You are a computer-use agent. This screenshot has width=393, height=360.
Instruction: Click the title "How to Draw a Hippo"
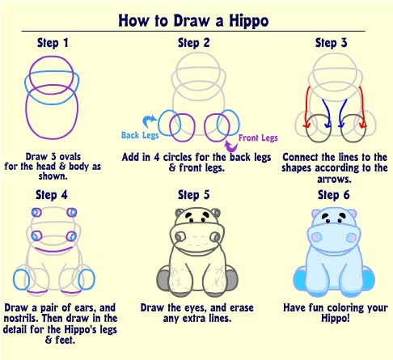tap(193, 21)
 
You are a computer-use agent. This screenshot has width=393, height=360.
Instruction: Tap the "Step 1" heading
tap(53, 43)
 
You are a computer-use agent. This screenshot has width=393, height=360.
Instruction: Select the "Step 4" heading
tap(52, 195)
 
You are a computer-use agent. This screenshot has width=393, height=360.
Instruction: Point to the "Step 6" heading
tap(334, 195)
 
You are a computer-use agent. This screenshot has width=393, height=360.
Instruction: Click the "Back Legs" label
tap(140, 135)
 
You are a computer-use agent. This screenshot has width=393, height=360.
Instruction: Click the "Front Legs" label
tap(258, 138)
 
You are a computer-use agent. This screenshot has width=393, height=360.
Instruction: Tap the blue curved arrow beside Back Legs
tap(149, 120)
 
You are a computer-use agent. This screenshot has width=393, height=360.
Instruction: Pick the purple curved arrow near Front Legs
tap(231, 147)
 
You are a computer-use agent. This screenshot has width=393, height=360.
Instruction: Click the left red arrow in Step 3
tap(306, 108)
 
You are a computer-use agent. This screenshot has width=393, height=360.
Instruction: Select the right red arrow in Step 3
tap(362, 108)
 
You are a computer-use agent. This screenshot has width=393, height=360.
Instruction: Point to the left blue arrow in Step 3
tap(327, 113)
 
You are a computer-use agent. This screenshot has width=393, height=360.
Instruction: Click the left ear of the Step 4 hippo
tap(36, 213)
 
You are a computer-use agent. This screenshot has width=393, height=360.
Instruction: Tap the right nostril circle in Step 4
tap(71, 236)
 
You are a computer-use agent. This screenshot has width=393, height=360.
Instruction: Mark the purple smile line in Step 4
tap(53, 250)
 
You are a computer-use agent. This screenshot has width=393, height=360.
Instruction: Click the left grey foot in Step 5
tap(163, 279)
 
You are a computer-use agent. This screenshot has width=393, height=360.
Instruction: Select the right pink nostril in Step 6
tap(351, 238)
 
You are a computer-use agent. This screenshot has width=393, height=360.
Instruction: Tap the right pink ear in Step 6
tap(353, 214)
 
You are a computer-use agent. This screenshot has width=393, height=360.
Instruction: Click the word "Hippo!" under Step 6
tap(336, 318)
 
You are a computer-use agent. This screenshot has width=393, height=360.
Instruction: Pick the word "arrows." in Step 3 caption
tap(334, 180)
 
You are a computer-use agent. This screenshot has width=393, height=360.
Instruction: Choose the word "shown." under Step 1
tap(53, 176)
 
